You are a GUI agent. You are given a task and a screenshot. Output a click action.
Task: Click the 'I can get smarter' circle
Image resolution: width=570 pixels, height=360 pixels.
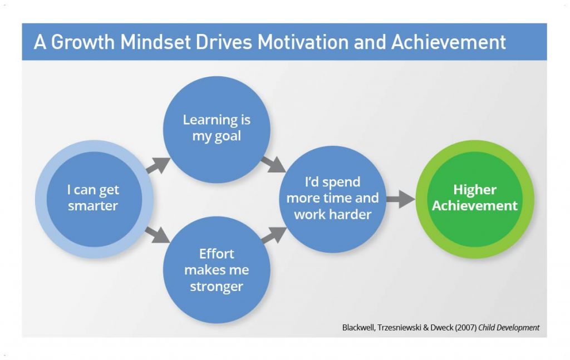[94, 199]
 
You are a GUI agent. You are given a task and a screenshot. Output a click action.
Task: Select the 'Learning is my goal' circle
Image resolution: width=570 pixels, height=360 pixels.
[217, 130]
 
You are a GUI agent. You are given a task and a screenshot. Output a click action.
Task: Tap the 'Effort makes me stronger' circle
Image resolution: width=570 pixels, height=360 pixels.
[217, 270]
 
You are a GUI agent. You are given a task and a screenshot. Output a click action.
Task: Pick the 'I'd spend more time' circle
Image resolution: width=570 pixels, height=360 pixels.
[333, 199]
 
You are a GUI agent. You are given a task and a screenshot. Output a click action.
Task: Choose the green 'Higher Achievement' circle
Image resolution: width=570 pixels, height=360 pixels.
[475, 199]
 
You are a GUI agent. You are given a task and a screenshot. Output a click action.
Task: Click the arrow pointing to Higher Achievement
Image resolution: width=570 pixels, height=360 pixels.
[401, 199]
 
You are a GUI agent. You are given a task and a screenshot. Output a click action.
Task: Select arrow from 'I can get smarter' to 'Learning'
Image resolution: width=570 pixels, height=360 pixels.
[159, 165]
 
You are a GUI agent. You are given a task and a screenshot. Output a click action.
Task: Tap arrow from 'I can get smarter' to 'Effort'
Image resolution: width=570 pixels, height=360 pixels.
[158, 235]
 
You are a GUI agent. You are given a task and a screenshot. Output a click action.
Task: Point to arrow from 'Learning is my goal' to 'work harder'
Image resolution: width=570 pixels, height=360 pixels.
[273, 165]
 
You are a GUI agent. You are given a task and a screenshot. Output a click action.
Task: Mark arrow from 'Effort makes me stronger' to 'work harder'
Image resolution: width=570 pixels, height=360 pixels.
[274, 235]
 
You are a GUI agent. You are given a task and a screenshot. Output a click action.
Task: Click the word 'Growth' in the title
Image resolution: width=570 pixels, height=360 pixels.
[82, 42]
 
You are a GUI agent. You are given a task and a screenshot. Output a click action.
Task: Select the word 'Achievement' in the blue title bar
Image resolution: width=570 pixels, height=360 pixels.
[449, 42]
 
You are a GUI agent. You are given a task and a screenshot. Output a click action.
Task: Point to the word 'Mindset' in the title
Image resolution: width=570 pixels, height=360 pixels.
[156, 42]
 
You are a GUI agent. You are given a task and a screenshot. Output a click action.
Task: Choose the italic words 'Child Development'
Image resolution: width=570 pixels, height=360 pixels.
[509, 327]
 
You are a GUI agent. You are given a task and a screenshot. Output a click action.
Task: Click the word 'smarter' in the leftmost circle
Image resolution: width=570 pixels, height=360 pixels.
[93, 206]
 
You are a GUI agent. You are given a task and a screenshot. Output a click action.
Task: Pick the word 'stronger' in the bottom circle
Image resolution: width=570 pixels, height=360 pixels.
[217, 287]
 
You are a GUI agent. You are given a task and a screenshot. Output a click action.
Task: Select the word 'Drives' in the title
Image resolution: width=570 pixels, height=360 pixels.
[224, 42]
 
